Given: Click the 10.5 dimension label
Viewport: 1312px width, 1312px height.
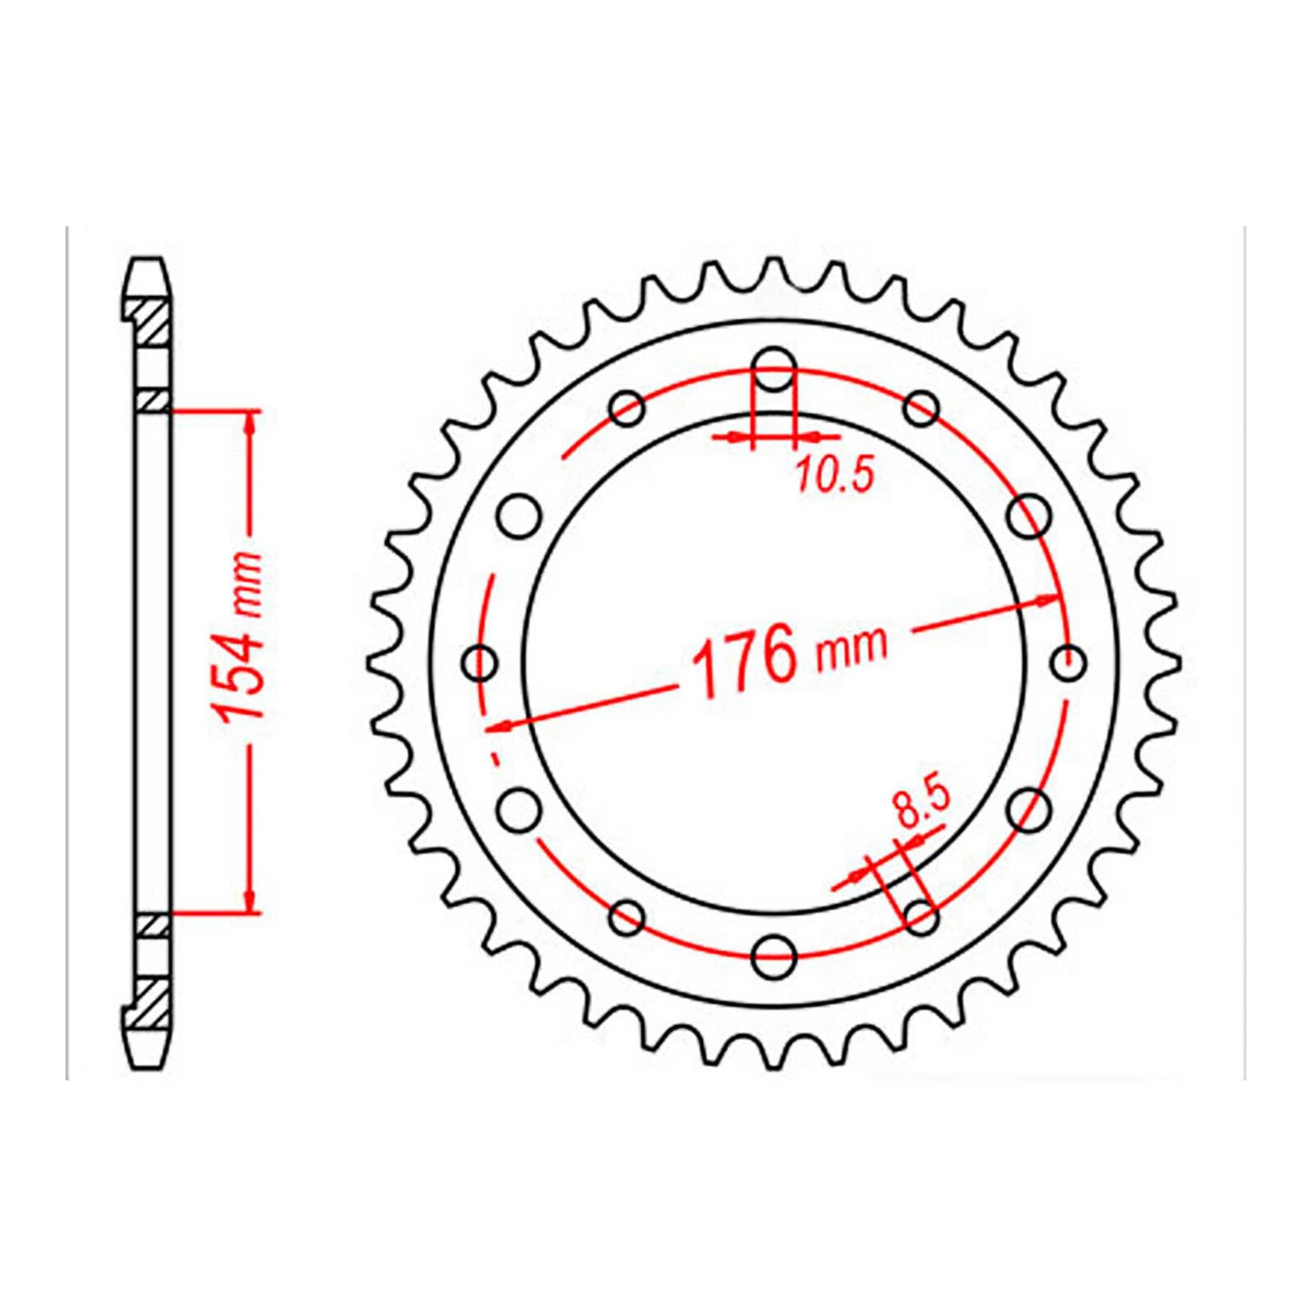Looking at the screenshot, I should pyautogui.click(x=834, y=475).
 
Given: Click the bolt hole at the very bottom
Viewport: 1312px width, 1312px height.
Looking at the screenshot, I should pyautogui.click(x=774, y=954).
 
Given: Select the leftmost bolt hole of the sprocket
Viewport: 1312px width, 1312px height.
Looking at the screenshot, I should pyautogui.click(x=479, y=662).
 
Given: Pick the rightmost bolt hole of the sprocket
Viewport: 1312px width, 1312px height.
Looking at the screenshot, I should pyautogui.click(x=1070, y=662).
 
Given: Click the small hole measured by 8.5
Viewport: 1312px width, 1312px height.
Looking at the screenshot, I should pyautogui.click(x=922, y=916).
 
